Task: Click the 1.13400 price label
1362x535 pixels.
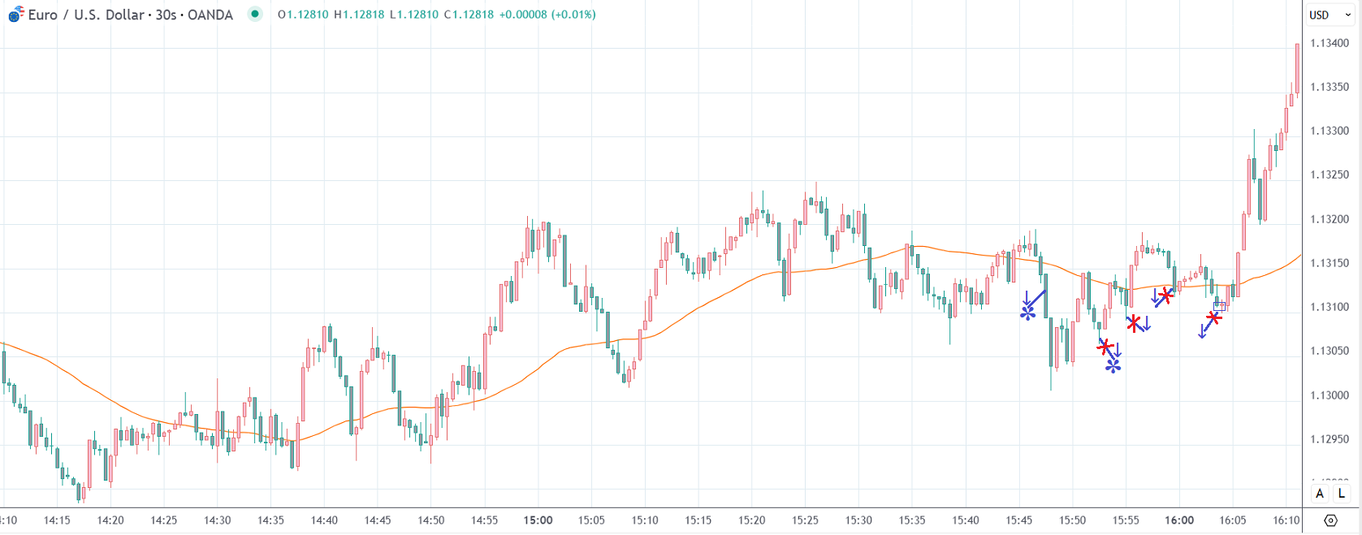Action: click(1330, 43)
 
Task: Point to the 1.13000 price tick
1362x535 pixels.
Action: click(1330, 395)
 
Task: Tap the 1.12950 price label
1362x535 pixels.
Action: click(1330, 439)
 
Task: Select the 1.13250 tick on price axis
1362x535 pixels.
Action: click(1330, 175)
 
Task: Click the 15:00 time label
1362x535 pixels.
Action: click(538, 520)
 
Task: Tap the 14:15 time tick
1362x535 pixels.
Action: click(57, 520)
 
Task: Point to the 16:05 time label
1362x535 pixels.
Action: click(1233, 520)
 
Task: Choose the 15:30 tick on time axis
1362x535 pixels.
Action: click(858, 520)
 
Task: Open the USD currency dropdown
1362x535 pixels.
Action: click(1330, 15)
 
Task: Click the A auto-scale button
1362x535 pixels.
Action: click(1320, 494)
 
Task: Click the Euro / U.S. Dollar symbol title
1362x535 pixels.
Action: click(130, 15)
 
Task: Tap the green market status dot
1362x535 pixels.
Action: click(255, 14)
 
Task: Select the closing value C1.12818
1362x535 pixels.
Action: click(469, 15)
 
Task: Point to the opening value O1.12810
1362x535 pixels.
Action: click(302, 15)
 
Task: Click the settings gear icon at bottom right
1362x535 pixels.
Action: click(1330, 520)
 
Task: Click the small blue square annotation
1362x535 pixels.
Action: click(1219, 306)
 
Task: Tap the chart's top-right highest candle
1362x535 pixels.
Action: click(1297, 69)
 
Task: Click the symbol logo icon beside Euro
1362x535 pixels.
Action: click(15, 14)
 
